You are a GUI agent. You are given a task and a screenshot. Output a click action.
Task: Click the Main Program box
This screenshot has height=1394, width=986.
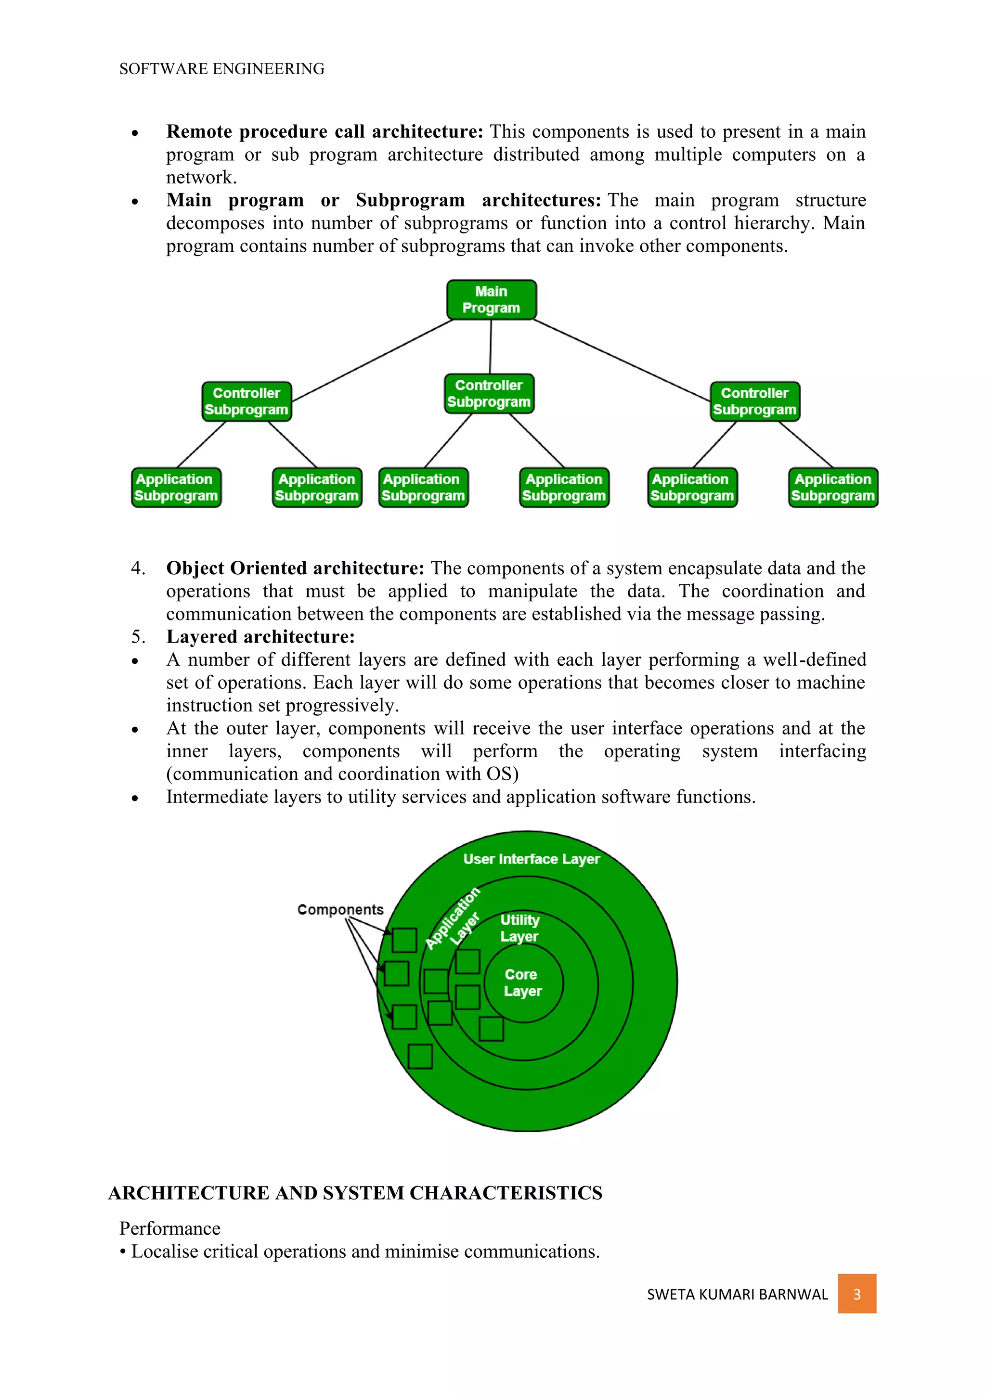click(x=491, y=300)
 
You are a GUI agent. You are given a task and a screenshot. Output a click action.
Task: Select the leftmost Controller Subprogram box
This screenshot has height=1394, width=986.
click(x=246, y=401)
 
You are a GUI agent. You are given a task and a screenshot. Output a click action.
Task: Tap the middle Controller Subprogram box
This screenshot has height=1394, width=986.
click(x=489, y=393)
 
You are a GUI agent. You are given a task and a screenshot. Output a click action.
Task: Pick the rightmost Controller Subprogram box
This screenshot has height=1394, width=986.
click(x=755, y=401)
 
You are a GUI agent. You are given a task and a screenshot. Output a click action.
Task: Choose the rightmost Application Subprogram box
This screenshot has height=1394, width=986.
click(x=832, y=488)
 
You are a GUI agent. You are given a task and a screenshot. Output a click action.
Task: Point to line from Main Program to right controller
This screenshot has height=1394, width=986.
click(x=623, y=361)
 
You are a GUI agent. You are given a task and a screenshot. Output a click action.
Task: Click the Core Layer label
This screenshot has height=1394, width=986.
click(x=522, y=982)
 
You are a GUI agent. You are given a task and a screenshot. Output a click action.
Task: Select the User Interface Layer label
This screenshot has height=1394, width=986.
click(x=531, y=859)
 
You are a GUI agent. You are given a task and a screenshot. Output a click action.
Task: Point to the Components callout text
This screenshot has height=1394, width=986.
click(x=340, y=909)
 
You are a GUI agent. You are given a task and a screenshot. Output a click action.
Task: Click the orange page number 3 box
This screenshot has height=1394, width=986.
click(x=856, y=1294)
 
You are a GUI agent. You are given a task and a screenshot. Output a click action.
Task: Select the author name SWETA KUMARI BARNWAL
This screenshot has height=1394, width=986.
click(x=737, y=1294)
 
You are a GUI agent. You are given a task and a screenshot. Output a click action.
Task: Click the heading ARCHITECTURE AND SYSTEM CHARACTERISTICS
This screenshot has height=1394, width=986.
click(x=355, y=1193)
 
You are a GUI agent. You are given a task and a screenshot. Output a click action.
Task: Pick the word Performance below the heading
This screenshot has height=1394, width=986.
click(x=170, y=1228)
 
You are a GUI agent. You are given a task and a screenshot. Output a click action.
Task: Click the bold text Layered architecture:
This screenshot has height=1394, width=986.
click(x=260, y=637)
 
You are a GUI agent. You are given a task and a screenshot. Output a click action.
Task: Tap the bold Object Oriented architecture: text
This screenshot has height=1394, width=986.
click(x=295, y=568)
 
